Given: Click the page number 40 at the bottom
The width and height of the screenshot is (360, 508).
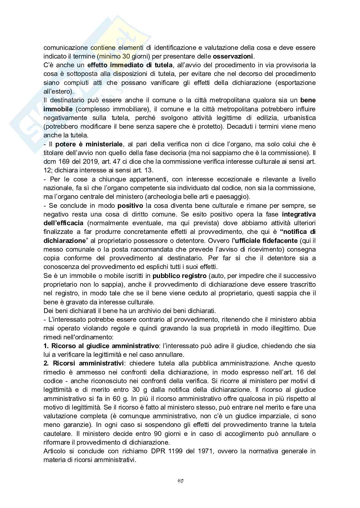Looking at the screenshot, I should (180, 481).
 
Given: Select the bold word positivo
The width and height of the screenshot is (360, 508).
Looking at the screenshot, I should (130, 206).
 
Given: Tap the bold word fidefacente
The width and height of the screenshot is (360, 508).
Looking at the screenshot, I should (277, 241).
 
